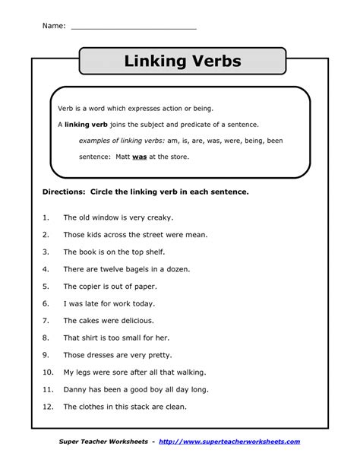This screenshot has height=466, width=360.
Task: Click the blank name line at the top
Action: click(134, 27)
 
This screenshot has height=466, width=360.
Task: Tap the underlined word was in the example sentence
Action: click(139, 157)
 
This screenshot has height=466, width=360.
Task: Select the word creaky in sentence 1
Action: click(160, 217)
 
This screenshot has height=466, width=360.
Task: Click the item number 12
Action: click(46, 407)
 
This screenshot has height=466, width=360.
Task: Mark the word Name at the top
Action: click(52, 26)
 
